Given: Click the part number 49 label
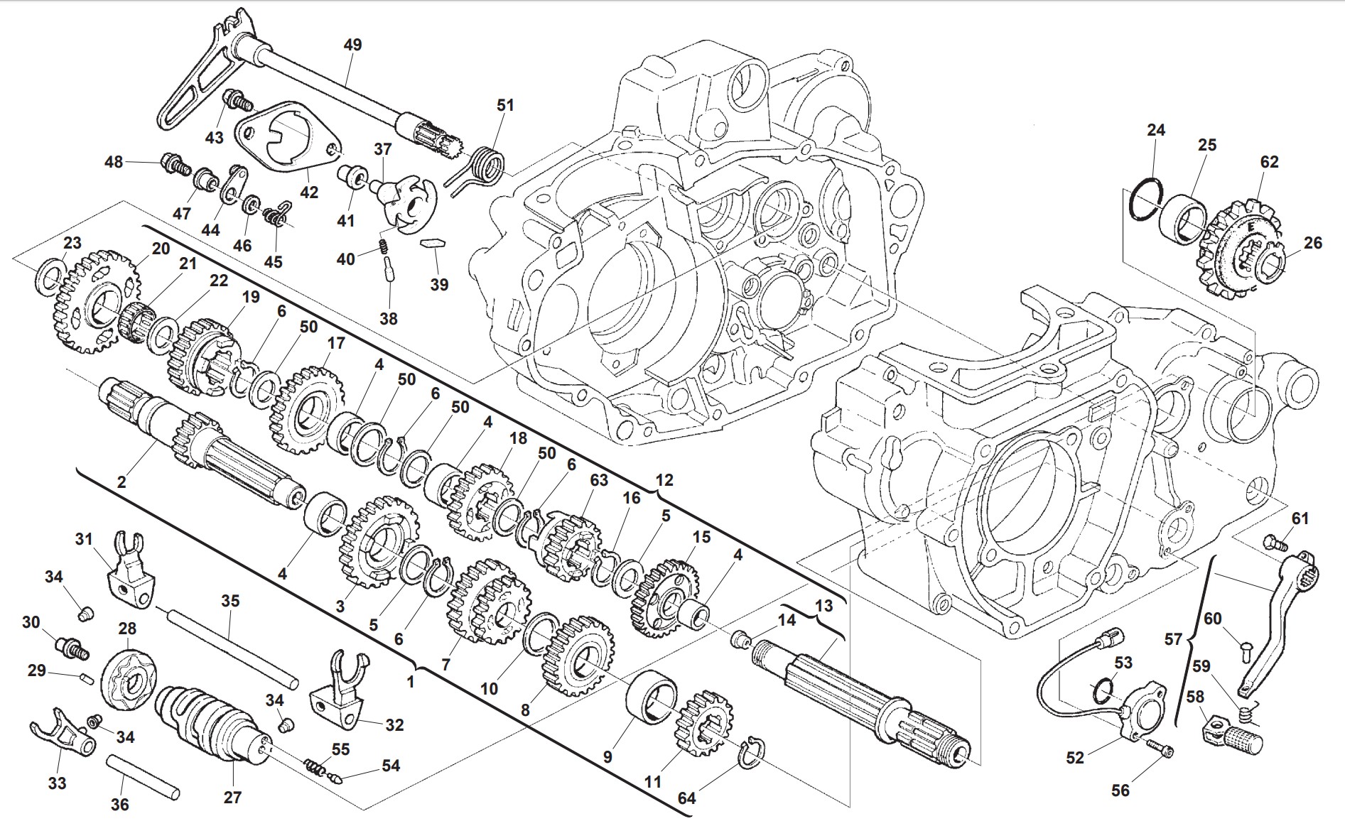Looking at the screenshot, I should tap(352, 45).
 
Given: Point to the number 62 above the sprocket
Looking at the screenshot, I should tap(1269, 162).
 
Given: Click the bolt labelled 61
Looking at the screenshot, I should tap(1275, 545).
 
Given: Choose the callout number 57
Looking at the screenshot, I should tap(1172, 639).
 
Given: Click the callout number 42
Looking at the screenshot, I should tap(309, 192).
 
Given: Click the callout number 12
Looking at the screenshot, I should tap(664, 480).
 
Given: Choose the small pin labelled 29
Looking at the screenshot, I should tap(84, 678).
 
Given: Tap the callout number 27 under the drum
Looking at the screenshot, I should tap(232, 797).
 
